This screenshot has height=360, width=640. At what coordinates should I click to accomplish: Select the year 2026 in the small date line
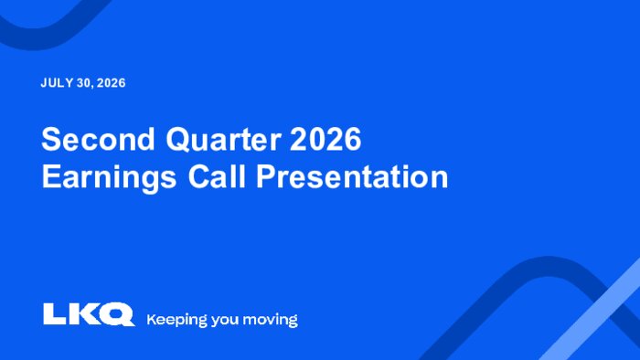(x=111, y=83)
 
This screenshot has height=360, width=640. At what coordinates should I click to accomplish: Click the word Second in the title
(x=98, y=139)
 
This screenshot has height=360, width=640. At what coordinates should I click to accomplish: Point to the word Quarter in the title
(x=224, y=140)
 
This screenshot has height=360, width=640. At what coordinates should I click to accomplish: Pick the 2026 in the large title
(x=325, y=139)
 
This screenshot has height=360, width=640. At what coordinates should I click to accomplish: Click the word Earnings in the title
(x=109, y=177)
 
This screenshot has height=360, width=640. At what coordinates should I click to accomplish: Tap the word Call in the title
(x=217, y=176)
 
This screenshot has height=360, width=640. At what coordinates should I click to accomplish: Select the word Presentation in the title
(x=352, y=176)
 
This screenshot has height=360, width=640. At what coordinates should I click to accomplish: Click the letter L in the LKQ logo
(x=55, y=313)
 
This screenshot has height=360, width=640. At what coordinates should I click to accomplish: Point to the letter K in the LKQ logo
(x=82, y=313)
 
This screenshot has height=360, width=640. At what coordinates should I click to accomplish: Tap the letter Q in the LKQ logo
(x=116, y=314)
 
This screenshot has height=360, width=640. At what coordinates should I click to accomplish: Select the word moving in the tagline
(x=271, y=320)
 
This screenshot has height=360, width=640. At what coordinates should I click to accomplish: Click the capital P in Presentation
(x=266, y=176)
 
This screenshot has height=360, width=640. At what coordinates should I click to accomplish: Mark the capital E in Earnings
(x=51, y=176)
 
